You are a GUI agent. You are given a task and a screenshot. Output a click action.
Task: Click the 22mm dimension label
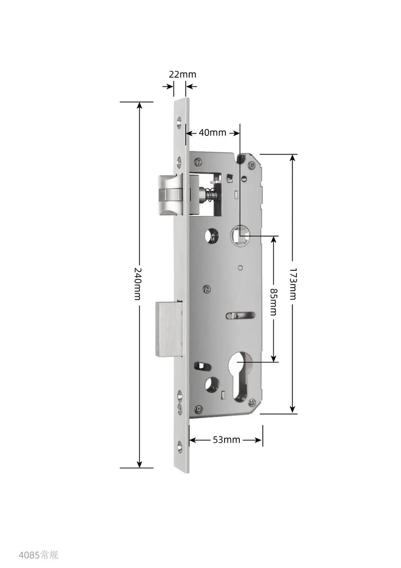(x=183, y=75)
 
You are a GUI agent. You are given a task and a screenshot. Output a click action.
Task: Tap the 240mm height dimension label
(x=137, y=284)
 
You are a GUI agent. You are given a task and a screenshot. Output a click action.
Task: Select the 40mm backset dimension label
(x=212, y=133)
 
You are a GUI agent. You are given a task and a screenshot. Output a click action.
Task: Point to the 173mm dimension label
(x=293, y=284)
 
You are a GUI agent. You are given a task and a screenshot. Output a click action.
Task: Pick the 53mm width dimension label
(x=226, y=439)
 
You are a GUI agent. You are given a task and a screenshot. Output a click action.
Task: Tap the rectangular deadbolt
(x=169, y=329)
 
